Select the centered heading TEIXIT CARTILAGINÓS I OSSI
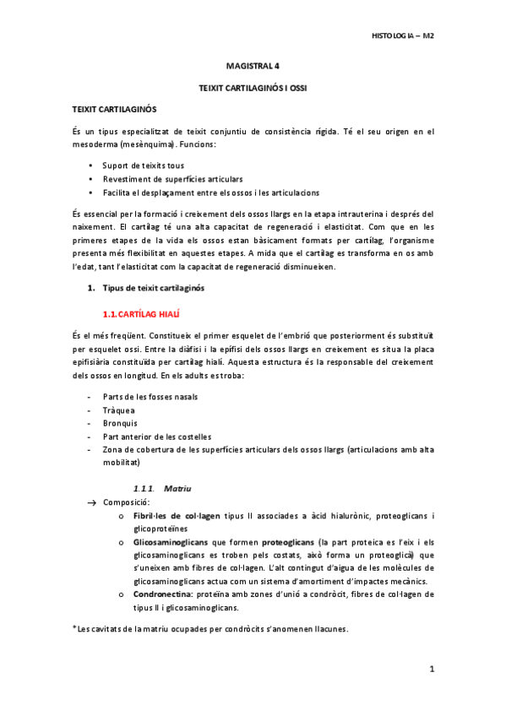click(x=252, y=87)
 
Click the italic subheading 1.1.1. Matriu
click(x=163, y=488)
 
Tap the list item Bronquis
click(x=120, y=423)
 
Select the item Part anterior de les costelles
click(x=151, y=437)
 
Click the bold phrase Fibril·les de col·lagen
click(x=177, y=515)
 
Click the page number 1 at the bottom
click(x=431, y=670)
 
